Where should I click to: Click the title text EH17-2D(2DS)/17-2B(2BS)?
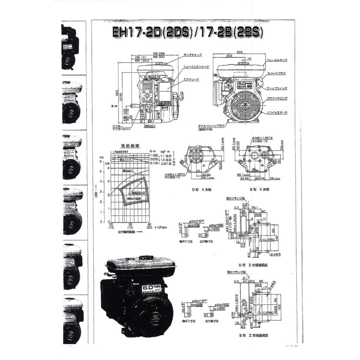tap(188, 33)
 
